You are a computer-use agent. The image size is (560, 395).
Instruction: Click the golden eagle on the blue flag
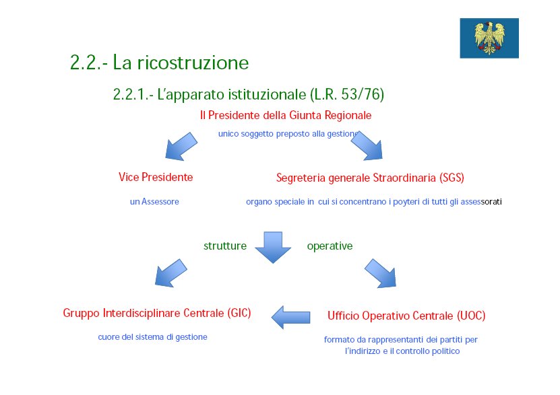tap(490, 38)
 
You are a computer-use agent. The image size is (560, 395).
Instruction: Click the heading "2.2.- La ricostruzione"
tap(159, 63)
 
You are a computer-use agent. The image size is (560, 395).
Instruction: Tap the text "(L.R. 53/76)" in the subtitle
tap(347, 94)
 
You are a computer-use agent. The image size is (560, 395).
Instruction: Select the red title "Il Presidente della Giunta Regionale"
tap(286, 115)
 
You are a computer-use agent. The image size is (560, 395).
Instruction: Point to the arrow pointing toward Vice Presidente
tap(181, 146)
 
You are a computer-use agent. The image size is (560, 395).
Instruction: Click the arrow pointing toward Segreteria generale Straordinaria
tap(367, 145)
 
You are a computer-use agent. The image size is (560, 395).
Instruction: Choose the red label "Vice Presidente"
tap(156, 177)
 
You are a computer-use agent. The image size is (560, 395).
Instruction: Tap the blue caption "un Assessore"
tap(154, 202)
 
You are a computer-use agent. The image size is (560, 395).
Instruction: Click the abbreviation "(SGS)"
tap(452, 178)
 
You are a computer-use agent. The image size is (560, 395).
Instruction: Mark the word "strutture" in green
tap(225, 246)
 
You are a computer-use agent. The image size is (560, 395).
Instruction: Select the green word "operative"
tap(330, 246)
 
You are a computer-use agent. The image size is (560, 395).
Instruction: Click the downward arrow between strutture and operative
tap(273, 248)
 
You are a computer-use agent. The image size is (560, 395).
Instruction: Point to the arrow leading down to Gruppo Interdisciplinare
tap(170, 273)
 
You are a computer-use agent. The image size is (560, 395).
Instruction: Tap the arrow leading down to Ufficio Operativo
tap(380, 273)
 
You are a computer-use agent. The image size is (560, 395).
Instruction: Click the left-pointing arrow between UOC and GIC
tap(290, 318)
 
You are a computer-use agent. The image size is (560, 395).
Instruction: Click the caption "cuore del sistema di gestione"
tap(152, 337)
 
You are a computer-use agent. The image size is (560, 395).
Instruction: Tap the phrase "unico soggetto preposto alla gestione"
tap(288, 134)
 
